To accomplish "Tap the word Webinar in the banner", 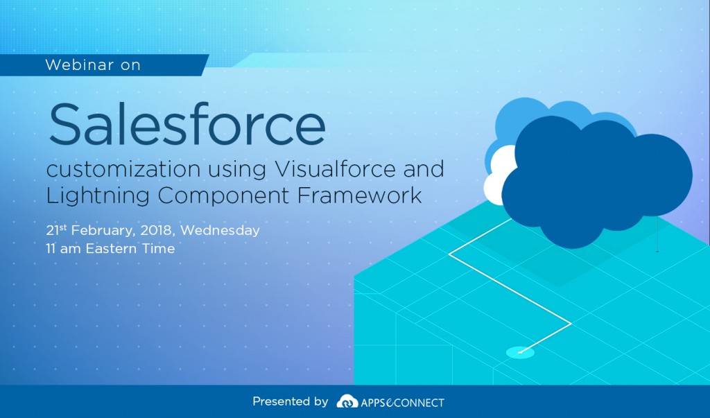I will coord(73,65).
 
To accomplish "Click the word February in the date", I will coord(98,230).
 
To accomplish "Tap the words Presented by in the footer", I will coord(290,401).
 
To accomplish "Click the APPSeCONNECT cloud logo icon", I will coord(347,402).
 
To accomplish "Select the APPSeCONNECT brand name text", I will coord(402,402).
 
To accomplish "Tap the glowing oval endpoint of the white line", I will coord(520,352).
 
